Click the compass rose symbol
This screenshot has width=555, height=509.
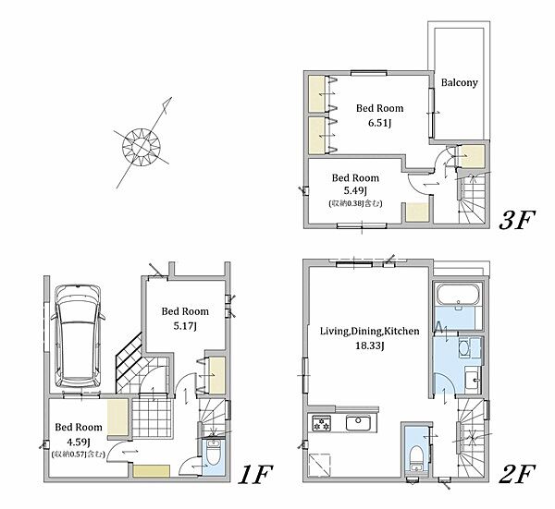coord(142,146)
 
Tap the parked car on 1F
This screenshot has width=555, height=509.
coord(78,336)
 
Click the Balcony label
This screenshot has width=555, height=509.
coord(460,83)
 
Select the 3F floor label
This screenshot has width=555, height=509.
coord(517,220)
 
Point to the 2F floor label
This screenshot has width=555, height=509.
coord(517,475)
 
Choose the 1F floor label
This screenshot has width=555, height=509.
coord(255,475)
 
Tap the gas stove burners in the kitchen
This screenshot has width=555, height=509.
coord(321,423)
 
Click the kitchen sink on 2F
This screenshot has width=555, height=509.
coord(358,423)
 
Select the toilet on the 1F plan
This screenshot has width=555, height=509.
coord(213,454)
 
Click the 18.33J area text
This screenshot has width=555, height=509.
coord(370,345)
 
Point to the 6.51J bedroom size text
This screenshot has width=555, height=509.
coord(379,124)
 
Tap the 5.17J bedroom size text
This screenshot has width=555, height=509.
coord(185,326)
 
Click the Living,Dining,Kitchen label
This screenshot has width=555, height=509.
coord(370,332)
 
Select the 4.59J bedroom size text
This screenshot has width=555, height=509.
coord(79,442)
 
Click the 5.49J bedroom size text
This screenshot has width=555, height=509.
coord(355,191)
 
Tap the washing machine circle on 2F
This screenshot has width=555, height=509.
coord(463,348)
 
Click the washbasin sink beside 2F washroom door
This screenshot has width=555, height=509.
coord(473,380)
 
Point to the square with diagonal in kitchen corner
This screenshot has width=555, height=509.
coord(320,465)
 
